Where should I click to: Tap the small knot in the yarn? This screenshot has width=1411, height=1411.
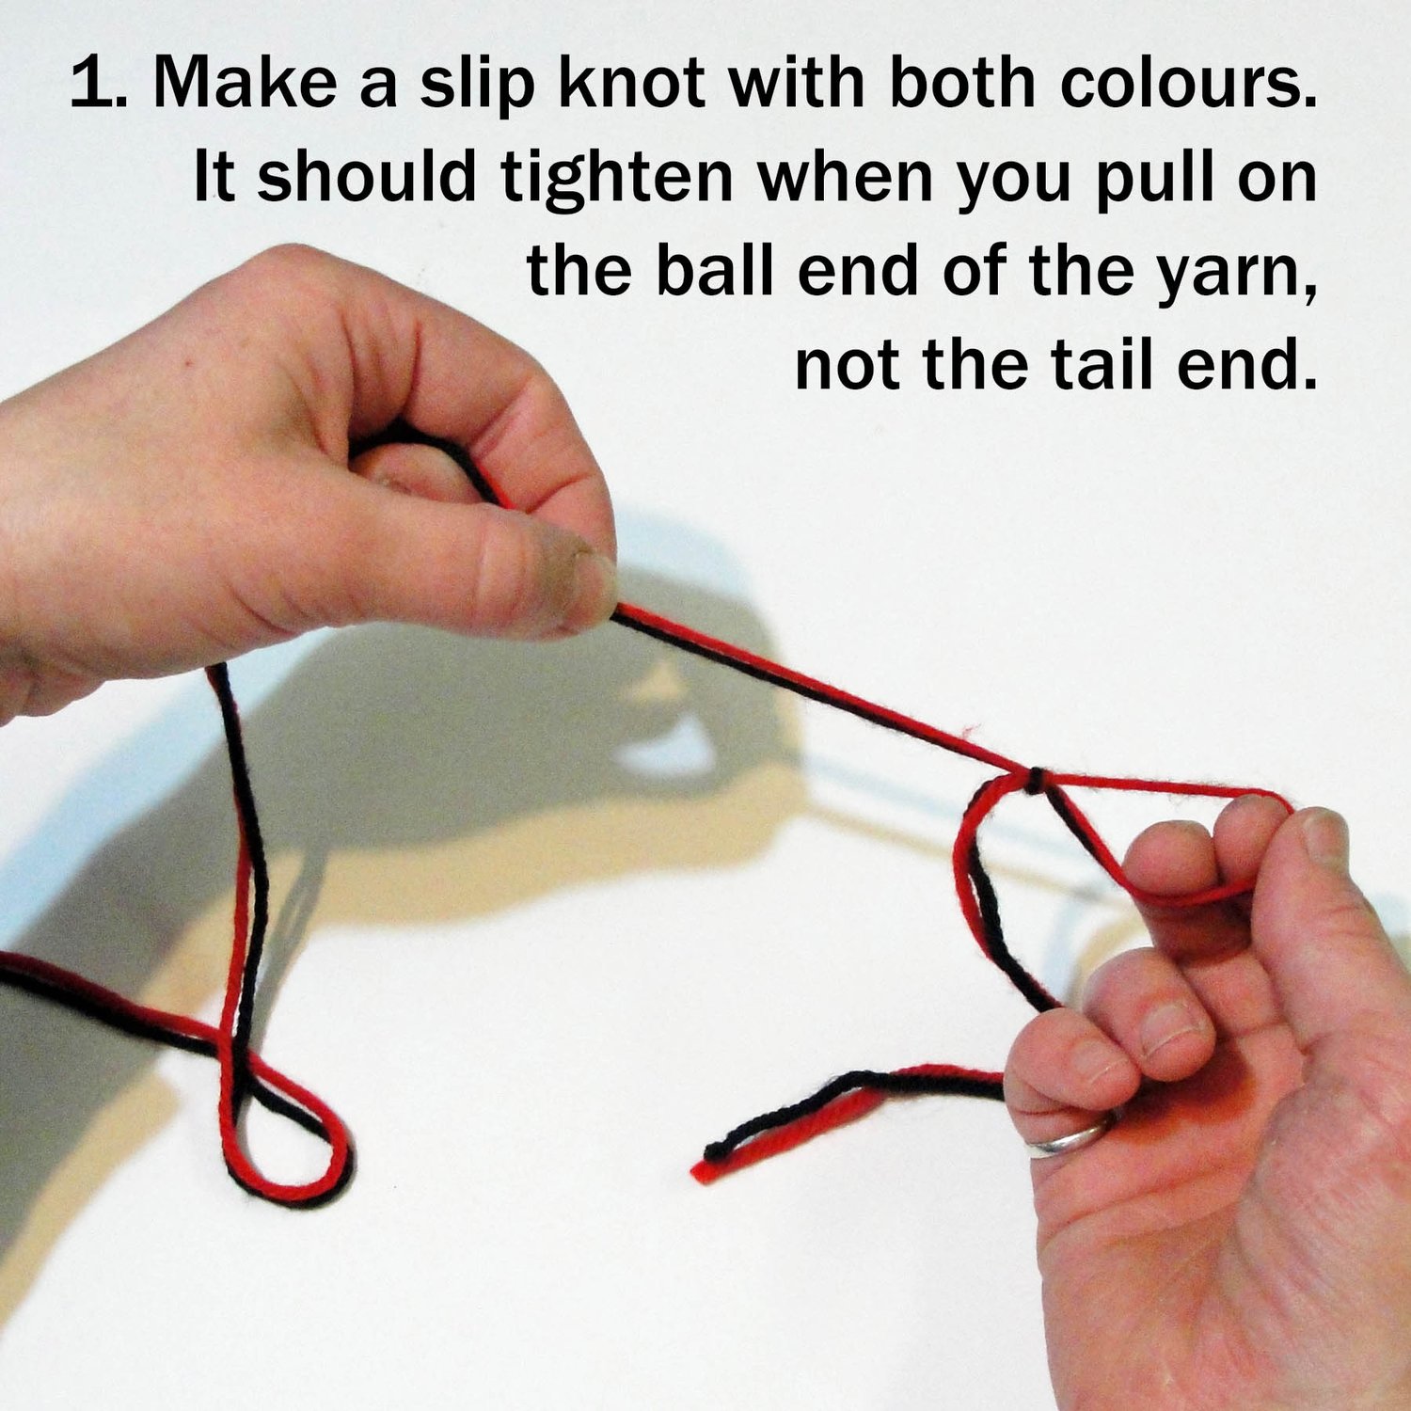pyautogui.click(x=1035, y=780)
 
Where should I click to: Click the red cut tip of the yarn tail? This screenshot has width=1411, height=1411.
pyautogui.click(x=700, y=1173)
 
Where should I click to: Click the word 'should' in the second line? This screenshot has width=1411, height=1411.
pyautogui.click(x=367, y=176)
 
